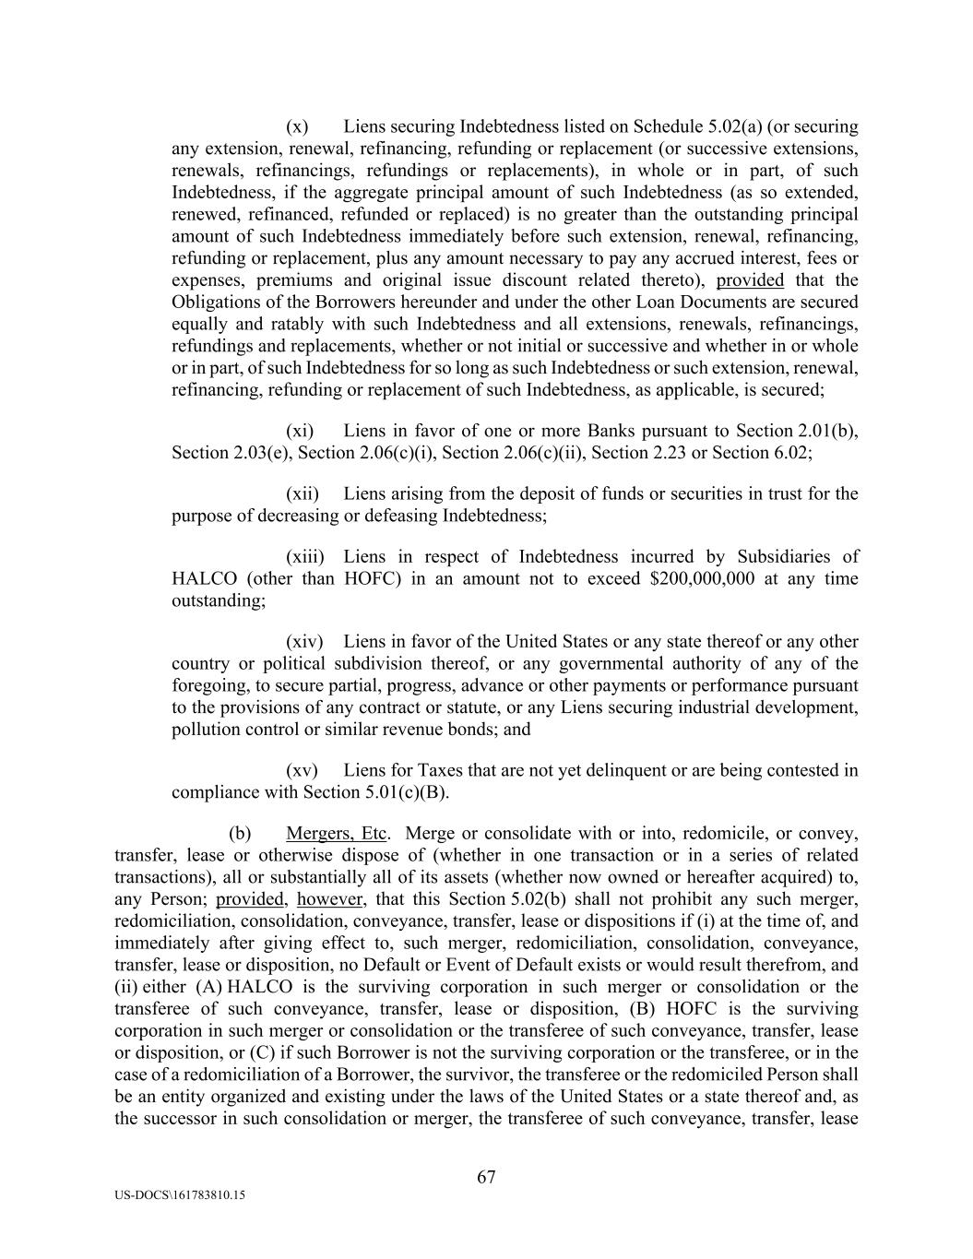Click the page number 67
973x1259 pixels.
[x=486, y=1177]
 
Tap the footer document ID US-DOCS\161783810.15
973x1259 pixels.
[x=181, y=1194]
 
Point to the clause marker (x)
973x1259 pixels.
[x=297, y=126]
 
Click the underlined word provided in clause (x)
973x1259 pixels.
[x=750, y=280]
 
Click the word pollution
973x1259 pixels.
[x=208, y=730]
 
